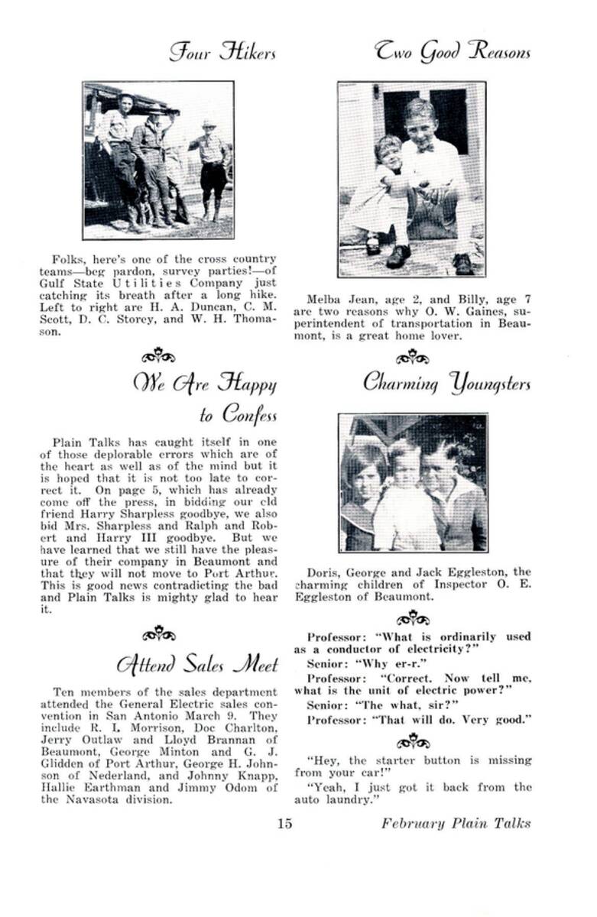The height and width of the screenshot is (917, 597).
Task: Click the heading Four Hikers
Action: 222,53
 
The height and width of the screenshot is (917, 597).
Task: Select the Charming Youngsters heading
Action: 446,382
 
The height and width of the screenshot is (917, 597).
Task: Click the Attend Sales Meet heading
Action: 197,663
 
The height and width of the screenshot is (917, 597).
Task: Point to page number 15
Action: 285,823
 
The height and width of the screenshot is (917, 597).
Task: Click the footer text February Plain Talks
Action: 456,823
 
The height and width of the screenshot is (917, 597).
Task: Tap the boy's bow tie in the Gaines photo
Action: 425,147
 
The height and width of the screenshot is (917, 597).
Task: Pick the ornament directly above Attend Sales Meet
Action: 159,633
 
